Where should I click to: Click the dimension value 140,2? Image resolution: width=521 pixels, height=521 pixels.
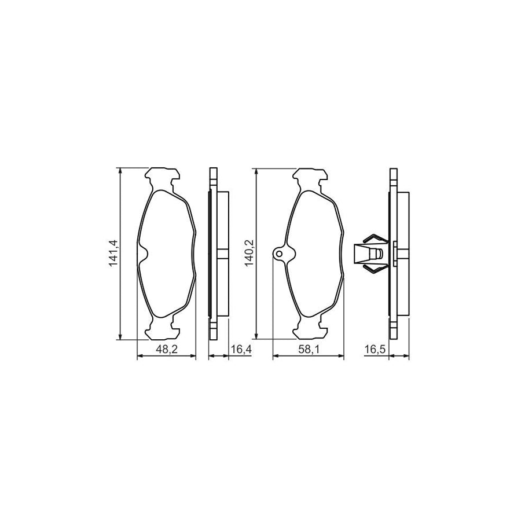pyautogui.click(x=250, y=254)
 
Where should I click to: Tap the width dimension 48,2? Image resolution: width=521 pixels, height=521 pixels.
pyautogui.click(x=167, y=349)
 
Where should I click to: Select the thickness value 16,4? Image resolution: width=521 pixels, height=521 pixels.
pyautogui.click(x=240, y=349)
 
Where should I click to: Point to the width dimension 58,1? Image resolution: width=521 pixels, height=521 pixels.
pyautogui.click(x=308, y=349)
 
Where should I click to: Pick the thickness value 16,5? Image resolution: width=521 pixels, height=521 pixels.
pyautogui.click(x=374, y=349)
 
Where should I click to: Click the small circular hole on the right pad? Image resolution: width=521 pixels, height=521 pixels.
pyautogui.click(x=280, y=254)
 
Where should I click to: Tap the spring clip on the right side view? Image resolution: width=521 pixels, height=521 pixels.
pyautogui.click(x=370, y=254)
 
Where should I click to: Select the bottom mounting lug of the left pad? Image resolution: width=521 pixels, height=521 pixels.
pyautogui.click(x=163, y=332)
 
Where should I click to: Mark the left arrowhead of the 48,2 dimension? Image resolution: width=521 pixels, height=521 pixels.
pyautogui.click(x=140, y=357)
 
